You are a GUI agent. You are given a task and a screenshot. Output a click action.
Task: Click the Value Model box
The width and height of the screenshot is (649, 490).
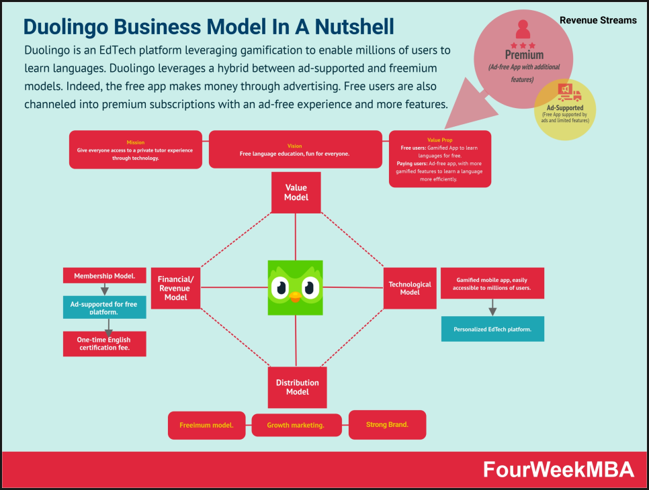(296, 193)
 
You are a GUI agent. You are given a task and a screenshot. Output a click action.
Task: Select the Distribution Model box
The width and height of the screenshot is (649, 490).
(297, 387)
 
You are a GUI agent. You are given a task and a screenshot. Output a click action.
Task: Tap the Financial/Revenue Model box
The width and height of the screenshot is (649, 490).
(175, 288)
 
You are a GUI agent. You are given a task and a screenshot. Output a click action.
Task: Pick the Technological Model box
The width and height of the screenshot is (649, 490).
(410, 288)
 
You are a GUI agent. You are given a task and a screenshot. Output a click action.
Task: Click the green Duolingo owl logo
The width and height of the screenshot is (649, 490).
(295, 287)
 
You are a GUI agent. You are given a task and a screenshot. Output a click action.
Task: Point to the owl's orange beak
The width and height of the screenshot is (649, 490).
(295, 297)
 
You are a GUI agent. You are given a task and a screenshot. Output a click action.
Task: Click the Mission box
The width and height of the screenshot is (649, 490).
(135, 150)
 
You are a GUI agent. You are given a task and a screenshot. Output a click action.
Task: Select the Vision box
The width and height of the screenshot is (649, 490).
(294, 150)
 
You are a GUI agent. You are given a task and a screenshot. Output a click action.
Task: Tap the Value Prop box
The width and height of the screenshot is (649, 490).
(440, 159)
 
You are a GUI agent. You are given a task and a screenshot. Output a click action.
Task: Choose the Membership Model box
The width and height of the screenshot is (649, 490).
(104, 275)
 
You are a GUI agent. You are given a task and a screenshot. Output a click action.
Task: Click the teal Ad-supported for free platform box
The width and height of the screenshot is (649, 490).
(104, 307)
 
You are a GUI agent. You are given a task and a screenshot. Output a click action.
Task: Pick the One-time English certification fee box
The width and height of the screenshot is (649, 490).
(104, 344)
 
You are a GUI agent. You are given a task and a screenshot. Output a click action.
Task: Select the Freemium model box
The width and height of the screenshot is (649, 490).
(207, 426)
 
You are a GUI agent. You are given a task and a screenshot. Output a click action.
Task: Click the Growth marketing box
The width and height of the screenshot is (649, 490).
(296, 426)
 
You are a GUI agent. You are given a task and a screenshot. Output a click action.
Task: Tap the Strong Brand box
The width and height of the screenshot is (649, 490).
(387, 425)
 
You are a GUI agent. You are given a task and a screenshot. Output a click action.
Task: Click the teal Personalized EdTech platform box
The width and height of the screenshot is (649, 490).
(492, 329)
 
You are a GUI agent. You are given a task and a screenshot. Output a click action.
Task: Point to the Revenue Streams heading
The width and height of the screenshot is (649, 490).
(598, 20)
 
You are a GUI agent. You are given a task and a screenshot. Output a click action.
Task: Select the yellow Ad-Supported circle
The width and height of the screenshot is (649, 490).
(564, 109)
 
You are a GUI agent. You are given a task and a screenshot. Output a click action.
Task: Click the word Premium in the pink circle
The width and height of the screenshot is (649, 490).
(525, 55)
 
